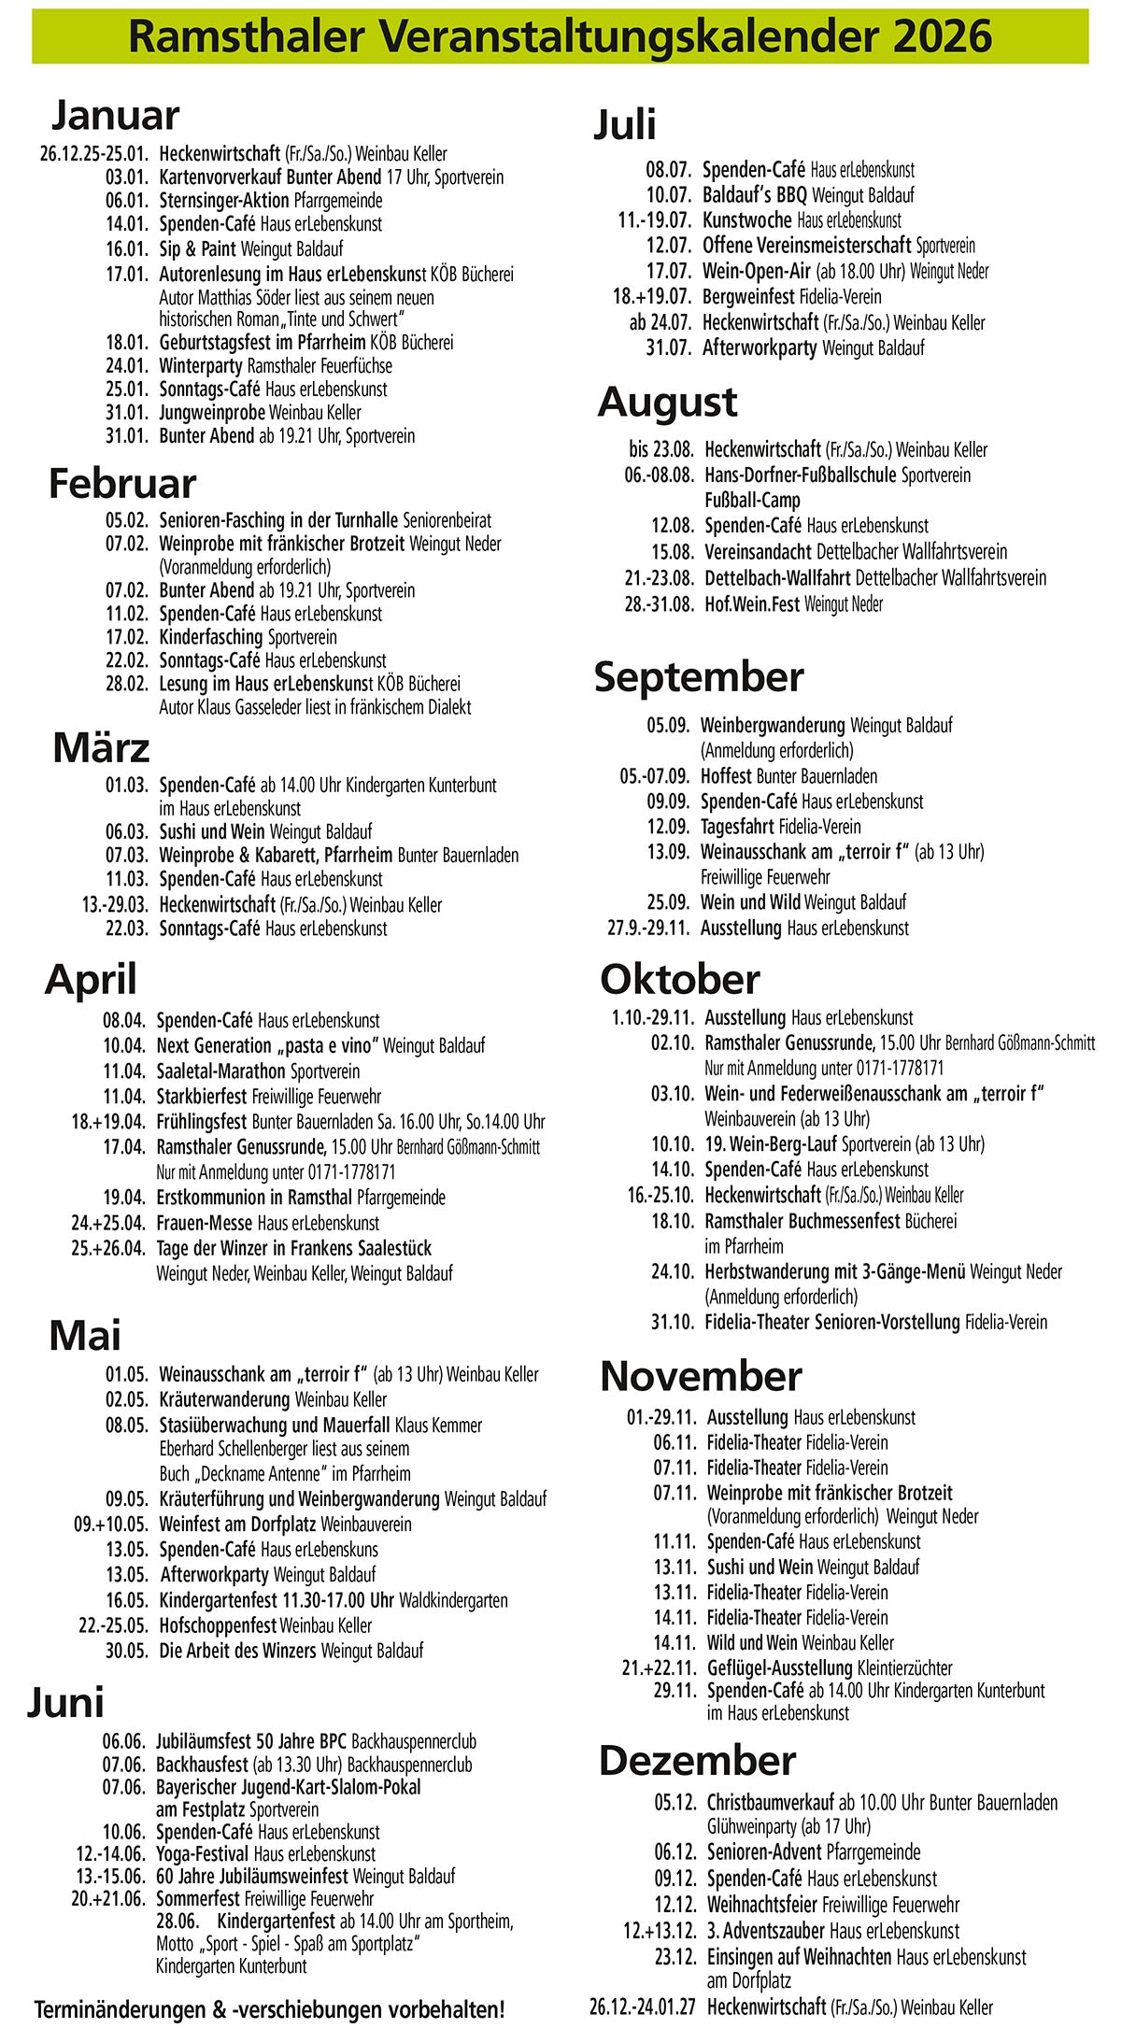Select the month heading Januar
click(114, 116)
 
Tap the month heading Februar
click(122, 484)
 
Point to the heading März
click(101, 748)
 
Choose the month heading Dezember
click(697, 1761)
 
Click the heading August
click(667, 403)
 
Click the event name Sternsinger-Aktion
click(224, 200)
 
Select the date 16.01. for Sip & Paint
click(127, 249)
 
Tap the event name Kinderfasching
click(211, 637)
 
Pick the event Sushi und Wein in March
click(212, 831)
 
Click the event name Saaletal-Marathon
click(220, 1071)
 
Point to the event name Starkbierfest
click(203, 1097)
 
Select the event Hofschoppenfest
click(218, 1625)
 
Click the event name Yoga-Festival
click(203, 1854)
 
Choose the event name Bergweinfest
click(749, 297)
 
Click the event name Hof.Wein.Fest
click(752, 603)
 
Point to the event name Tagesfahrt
click(737, 827)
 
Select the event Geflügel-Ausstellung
click(779, 1667)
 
